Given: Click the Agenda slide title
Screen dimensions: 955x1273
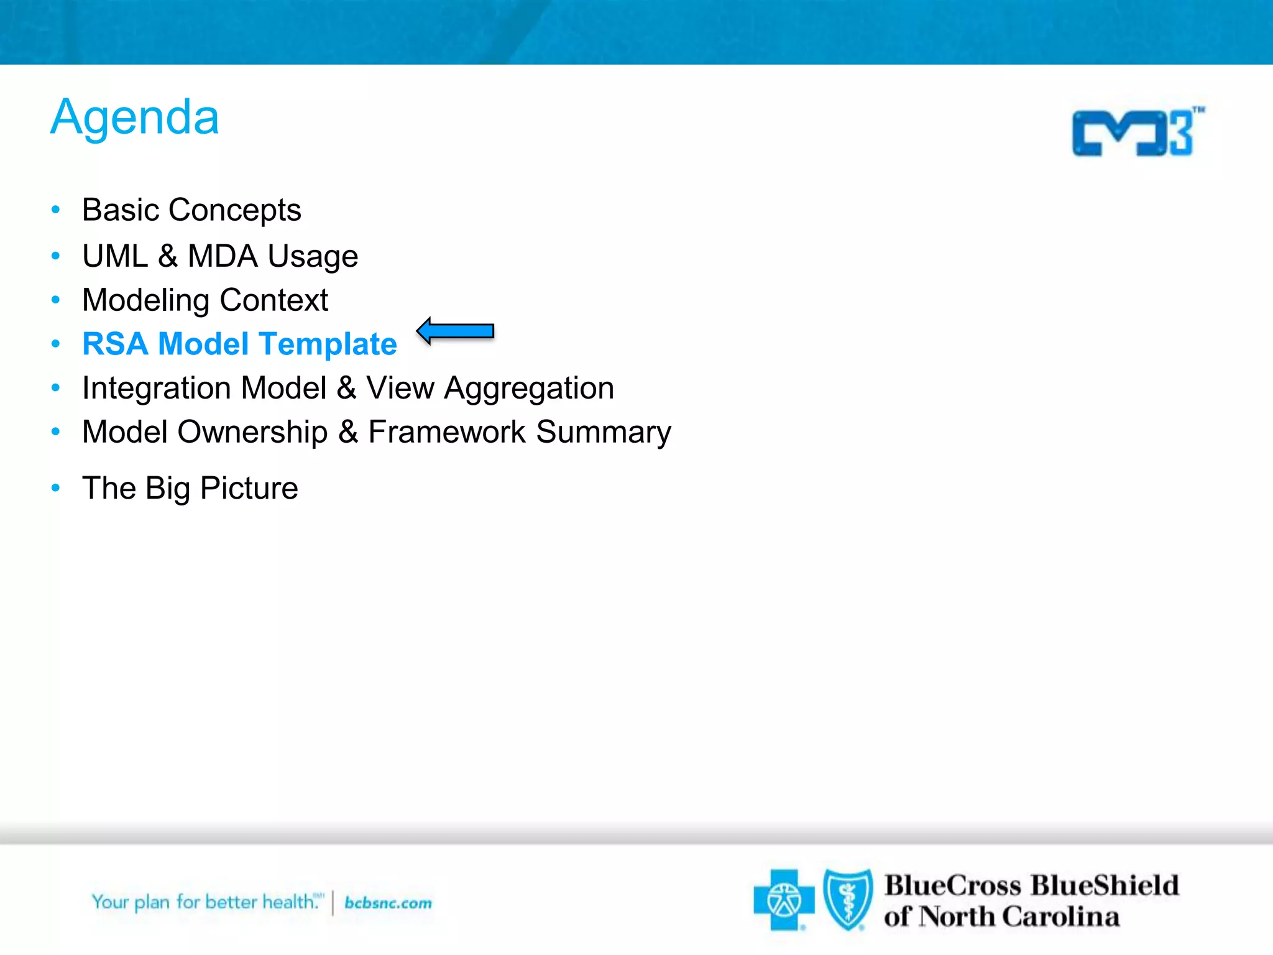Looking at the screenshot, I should pos(135,118).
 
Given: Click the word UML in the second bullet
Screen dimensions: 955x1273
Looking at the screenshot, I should pos(114,256).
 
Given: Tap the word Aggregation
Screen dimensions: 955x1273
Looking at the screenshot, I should pos(529,389).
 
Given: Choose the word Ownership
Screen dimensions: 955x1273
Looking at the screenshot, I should pos(252,432).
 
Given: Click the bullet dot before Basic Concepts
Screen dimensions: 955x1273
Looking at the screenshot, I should pos(56,210).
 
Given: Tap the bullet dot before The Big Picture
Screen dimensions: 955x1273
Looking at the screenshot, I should pos(56,488).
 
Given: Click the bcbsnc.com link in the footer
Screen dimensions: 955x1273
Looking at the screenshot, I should pos(388,903).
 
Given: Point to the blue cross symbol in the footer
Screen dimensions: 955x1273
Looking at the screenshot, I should pos(783,900).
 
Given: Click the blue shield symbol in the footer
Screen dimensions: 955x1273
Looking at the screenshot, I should pos(848,899).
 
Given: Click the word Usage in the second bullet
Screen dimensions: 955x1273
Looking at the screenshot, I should pos(313,256).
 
